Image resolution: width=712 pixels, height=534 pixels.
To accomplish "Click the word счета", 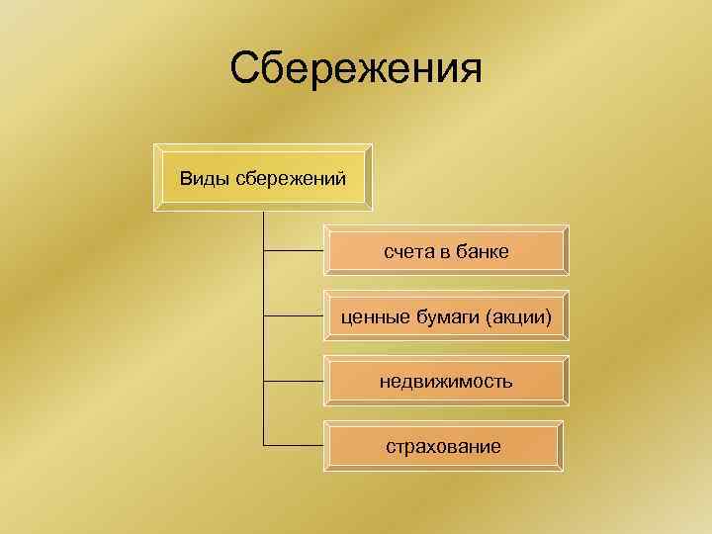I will click(x=409, y=252).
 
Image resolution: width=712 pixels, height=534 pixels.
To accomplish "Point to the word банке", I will click(x=484, y=252).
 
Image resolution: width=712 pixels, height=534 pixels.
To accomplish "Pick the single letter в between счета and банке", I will click(x=445, y=253).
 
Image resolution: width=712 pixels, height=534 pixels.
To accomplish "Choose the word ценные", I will click(x=370, y=316).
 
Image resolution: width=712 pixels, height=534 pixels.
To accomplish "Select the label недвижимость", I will click(x=444, y=381).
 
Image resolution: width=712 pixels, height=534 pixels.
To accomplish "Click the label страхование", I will click(x=443, y=446).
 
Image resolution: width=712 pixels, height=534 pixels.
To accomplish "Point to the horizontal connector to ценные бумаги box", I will click(x=295, y=316).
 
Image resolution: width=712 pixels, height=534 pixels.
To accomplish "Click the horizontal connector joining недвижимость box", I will click(x=295, y=381).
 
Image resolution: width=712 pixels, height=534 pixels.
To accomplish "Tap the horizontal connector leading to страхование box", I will click(x=295, y=445).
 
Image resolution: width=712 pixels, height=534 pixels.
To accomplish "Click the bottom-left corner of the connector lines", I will click(x=265, y=445).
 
